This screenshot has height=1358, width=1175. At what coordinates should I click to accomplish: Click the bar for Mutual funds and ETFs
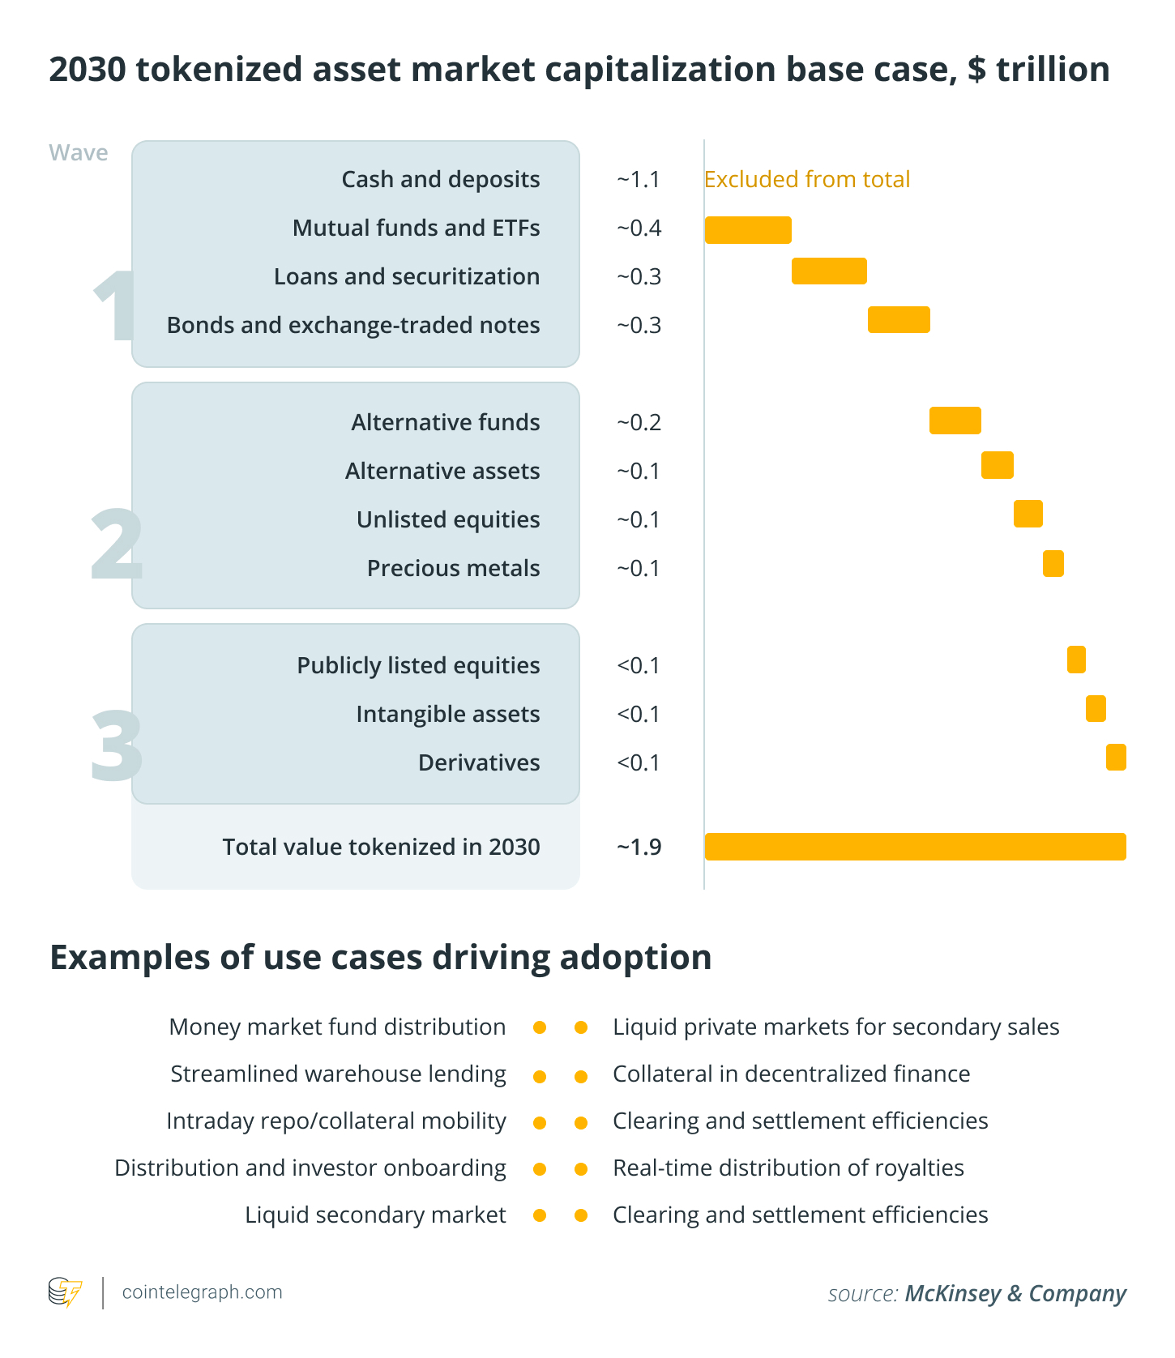[x=747, y=230]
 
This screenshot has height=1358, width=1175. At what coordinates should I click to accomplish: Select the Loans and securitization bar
[x=829, y=271]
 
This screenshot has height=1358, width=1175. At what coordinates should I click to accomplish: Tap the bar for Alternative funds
[x=955, y=421]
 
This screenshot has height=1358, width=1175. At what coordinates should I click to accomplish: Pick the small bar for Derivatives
[x=1116, y=757]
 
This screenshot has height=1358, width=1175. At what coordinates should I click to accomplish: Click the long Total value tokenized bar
[x=915, y=846]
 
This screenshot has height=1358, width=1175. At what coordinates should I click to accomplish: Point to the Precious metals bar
[x=1053, y=563]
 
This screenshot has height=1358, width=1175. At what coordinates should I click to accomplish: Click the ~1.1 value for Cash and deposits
[x=639, y=179]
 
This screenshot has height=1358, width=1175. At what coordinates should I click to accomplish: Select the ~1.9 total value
[x=639, y=847]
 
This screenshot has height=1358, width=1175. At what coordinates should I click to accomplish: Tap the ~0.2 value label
[x=639, y=422]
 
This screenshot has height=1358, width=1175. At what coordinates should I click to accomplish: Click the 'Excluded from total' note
[x=806, y=179]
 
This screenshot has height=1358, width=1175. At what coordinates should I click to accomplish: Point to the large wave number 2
[x=116, y=544]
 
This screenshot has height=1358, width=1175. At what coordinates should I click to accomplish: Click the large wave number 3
[x=116, y=745]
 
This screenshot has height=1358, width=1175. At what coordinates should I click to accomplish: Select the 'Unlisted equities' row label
[x=448, y=519]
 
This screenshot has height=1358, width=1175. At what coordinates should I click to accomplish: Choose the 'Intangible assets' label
[x=447, y=714]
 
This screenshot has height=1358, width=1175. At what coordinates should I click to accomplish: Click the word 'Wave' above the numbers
[x=78, y=152]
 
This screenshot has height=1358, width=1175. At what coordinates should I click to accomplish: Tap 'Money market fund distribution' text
[x=337, y=1027]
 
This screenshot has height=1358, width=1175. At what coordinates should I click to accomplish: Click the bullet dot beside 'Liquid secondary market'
[x=540, y=1215]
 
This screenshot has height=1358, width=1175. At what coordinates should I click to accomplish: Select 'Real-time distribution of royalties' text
[x=788, y=1168]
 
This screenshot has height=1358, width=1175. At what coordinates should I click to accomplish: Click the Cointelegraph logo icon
[x=65, y=1292]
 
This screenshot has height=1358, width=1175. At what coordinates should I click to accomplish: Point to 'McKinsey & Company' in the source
[x=1015, y=1293]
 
